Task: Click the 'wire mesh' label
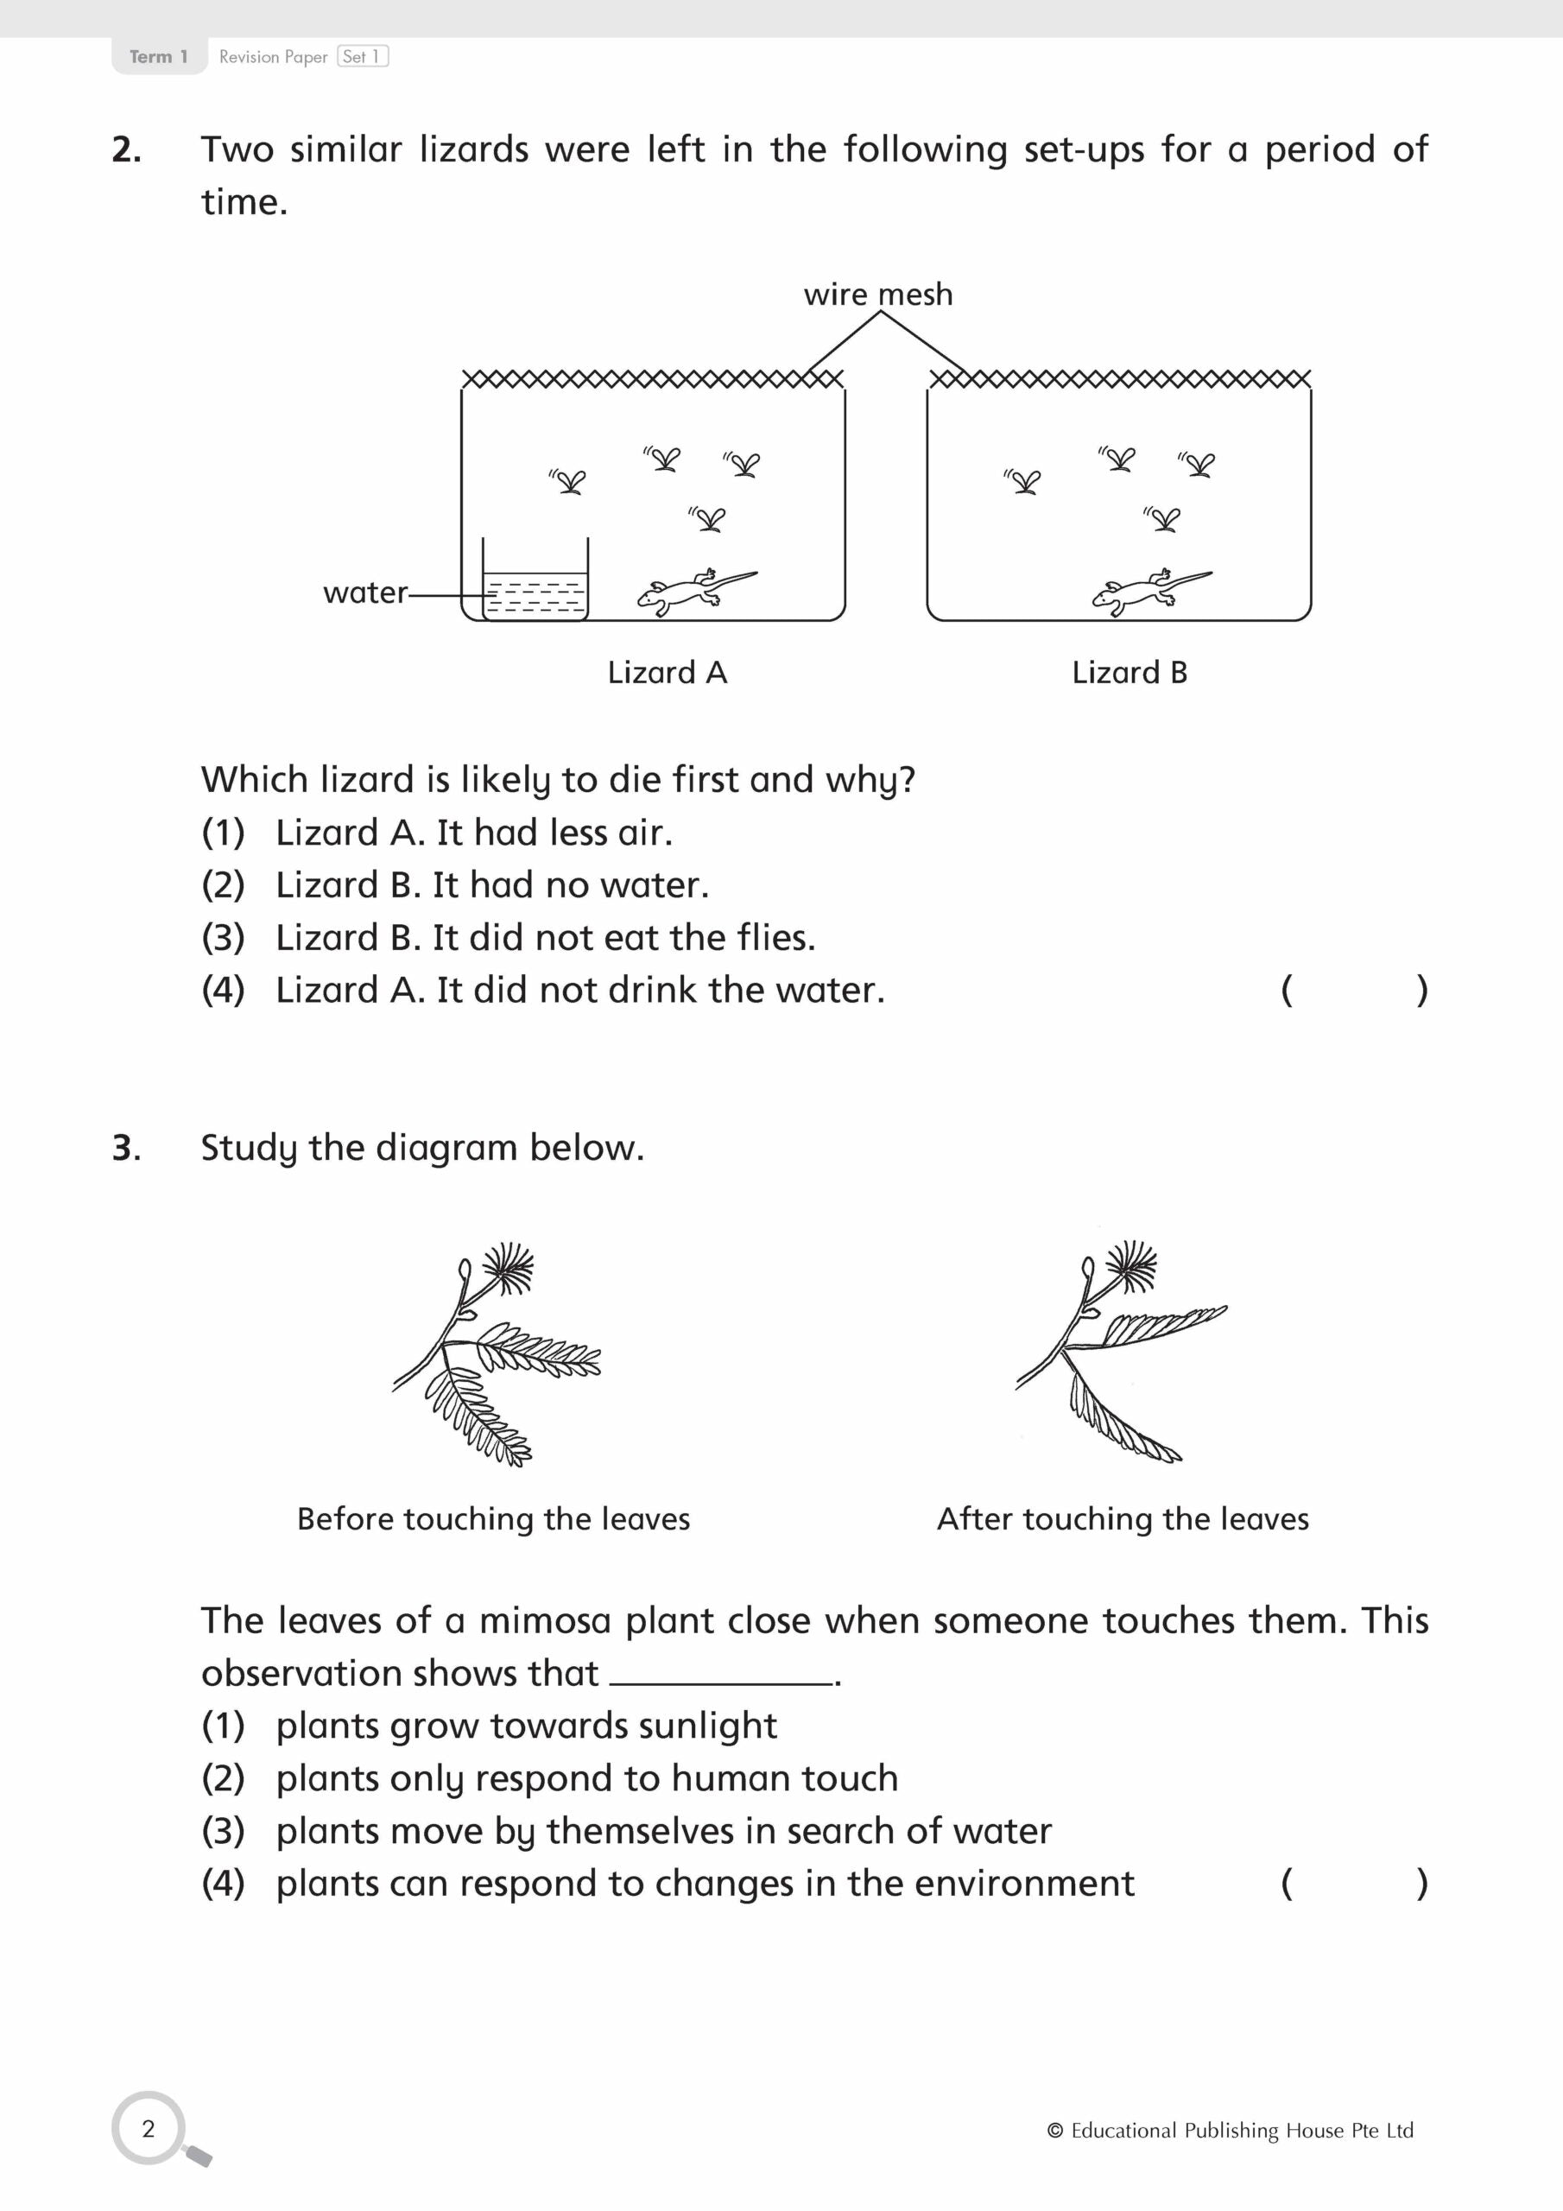click(x=877, y=294)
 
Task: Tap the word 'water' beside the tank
click(x=365, y=592)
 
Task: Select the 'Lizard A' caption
click(x=667, y=672)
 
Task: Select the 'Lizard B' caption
click(x=1129, y=672)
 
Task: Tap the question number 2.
click(x=126, y=150)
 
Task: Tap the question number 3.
click(x=126, y=1148)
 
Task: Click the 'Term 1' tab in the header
click(x=158, y=57)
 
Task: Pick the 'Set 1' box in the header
click(x=362, y=57)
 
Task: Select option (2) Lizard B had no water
click(x=454, y=885)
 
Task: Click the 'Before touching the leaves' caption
click(x=493, y=1518)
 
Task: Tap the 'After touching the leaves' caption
click(x=1122, y=1518)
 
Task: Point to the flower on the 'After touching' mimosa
click(x=1130, y=1264)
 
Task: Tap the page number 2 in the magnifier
click(x=149, y=2128)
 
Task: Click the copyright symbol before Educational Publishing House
click(x=1054, y=2131)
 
